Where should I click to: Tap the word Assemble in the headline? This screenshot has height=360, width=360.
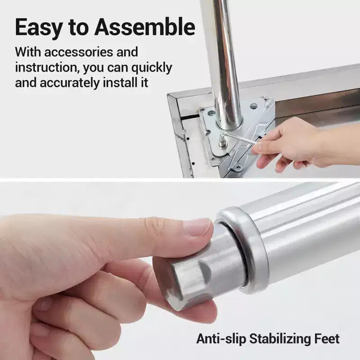[x=144, y=27]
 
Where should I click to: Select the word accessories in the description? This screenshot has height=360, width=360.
[x=78, y=52]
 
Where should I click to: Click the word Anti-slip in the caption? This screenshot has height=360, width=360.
[x=221, y=339]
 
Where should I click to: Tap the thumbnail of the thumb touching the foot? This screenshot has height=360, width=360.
[x=198, y=227]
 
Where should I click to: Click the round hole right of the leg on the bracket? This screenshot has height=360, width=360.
[x=253, y=106]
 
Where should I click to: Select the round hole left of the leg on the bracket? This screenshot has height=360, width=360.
[x=211, y=113]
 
